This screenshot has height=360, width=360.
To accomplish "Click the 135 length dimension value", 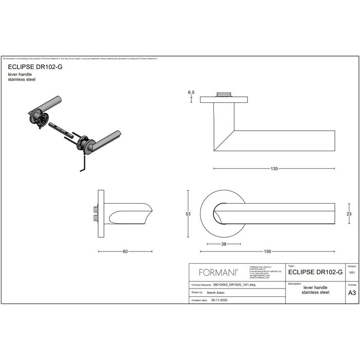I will point(274,169).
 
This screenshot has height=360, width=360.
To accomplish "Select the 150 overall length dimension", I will point(268,251).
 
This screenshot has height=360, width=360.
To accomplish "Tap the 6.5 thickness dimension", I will point(191,92).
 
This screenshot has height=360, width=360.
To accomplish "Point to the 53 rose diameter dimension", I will point(188,214).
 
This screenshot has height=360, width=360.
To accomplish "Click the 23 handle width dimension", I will point(349,214).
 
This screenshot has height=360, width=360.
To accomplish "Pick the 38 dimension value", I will point(223,244).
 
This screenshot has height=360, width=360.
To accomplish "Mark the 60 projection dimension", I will point(125,251).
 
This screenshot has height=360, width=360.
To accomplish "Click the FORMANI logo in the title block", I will point(214,273).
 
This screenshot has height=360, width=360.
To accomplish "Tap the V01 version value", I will point(352,273).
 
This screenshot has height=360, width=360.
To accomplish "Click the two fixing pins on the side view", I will point(95,214).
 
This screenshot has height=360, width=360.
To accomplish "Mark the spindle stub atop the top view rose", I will point(224,94).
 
